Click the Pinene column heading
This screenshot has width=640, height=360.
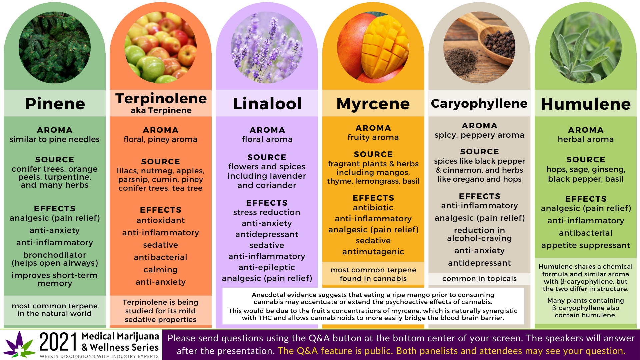55,104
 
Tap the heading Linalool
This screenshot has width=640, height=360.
267,104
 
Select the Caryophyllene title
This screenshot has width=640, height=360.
479,104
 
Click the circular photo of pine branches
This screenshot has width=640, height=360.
55,47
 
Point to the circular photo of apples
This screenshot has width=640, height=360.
161,47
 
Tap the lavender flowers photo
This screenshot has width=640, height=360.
267,47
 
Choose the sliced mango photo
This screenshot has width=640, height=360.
373,47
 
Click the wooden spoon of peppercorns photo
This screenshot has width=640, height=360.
479,47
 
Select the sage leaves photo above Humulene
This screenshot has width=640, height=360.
586,47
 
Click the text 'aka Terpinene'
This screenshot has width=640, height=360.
161,110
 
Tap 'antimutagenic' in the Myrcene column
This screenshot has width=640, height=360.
373,252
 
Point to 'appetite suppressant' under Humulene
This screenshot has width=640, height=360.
586,245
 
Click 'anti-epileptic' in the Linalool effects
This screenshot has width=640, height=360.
267,267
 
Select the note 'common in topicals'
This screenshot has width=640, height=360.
479,279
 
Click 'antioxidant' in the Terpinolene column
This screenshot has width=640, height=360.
160,220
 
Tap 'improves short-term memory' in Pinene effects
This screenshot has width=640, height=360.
55,279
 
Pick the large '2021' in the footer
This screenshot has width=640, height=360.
58,342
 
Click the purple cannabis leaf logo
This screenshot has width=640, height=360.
19,344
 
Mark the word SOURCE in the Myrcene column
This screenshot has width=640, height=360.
373,154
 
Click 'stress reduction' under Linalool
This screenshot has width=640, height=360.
267,212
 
